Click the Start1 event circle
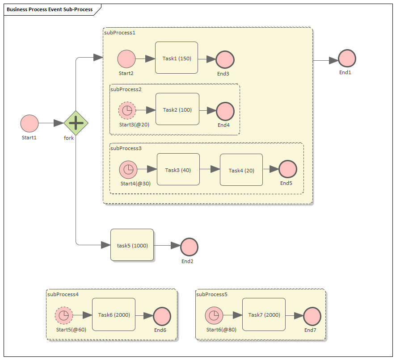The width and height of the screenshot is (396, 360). point(29,123)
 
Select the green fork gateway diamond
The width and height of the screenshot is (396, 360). point(76,123)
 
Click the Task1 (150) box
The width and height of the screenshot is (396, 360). point(177,58)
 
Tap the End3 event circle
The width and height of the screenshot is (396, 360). point(225,59)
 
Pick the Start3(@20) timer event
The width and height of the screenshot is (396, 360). point(127,110)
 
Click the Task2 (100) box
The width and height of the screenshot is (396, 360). point(177,109)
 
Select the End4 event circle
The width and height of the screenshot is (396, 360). point(225,111)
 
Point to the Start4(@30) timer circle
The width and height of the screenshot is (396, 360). point(128,170)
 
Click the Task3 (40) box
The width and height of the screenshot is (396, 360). point(178,170)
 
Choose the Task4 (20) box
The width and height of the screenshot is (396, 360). point(241,170)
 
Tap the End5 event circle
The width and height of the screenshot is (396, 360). point(287,170)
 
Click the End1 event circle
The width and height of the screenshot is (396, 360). point(347,59)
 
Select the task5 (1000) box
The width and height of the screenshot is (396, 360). point(132,245)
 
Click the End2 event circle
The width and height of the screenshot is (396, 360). point(189,247)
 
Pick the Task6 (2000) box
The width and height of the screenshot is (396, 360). point(114,314)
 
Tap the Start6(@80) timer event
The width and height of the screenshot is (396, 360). point(214,316)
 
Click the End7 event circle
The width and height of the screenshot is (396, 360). point(312,316)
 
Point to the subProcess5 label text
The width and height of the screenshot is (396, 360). point(212,294)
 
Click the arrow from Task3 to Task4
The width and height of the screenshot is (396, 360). point(210,169)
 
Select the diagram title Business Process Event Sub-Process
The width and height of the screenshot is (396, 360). point(50,9)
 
